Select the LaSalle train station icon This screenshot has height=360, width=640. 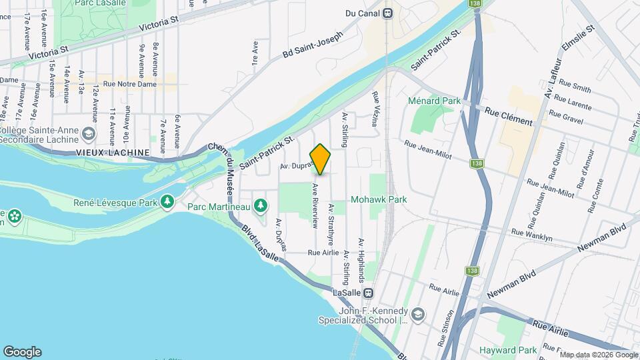click(367, 293)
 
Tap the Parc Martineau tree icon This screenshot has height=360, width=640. click(261, 204)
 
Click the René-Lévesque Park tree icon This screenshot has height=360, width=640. click(167, 201)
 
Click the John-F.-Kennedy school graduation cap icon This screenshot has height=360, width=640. click(417, 314)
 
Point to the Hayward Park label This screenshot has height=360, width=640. click(508, 350)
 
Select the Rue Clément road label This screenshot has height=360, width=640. click(509, 117)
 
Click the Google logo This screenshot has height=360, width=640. click(22, 351)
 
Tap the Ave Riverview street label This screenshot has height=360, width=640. click(314, 205)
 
